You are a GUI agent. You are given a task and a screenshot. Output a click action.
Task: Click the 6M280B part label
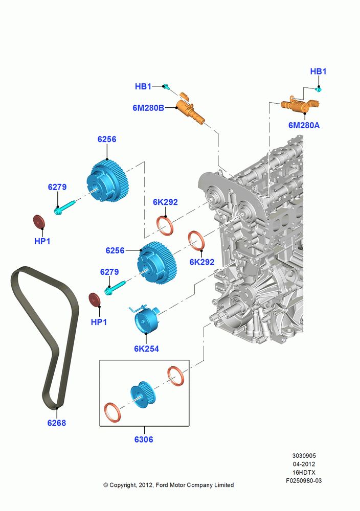click(x=148, y=107)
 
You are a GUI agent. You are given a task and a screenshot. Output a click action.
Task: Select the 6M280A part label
click(x=304, y=125)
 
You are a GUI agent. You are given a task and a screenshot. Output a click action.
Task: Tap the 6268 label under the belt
click(x=56, y=423)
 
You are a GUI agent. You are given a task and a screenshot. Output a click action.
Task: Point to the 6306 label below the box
click(x=144, y=439)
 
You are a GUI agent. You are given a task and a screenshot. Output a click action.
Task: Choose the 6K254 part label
click(x=146, y=349)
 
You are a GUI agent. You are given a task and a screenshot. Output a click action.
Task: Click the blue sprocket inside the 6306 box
click(x=143, y=394)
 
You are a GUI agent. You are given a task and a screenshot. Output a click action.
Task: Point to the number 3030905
click(x=304, y=456)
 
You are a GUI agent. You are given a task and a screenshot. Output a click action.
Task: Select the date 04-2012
click(x=304, y=464)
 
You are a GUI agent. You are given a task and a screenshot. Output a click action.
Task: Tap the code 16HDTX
click(x=304, y=472)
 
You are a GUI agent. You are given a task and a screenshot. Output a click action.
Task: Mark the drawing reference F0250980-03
click(x=304, y=480)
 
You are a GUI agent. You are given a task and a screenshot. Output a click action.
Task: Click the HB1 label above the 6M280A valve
click(x=318, y=72)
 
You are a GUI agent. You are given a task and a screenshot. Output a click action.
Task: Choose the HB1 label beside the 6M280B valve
click(x=143, y=86)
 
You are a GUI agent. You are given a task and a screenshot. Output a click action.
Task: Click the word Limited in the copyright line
click(x=224, y=485)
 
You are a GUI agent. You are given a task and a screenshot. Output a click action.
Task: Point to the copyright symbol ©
click(x=106, y=485)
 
